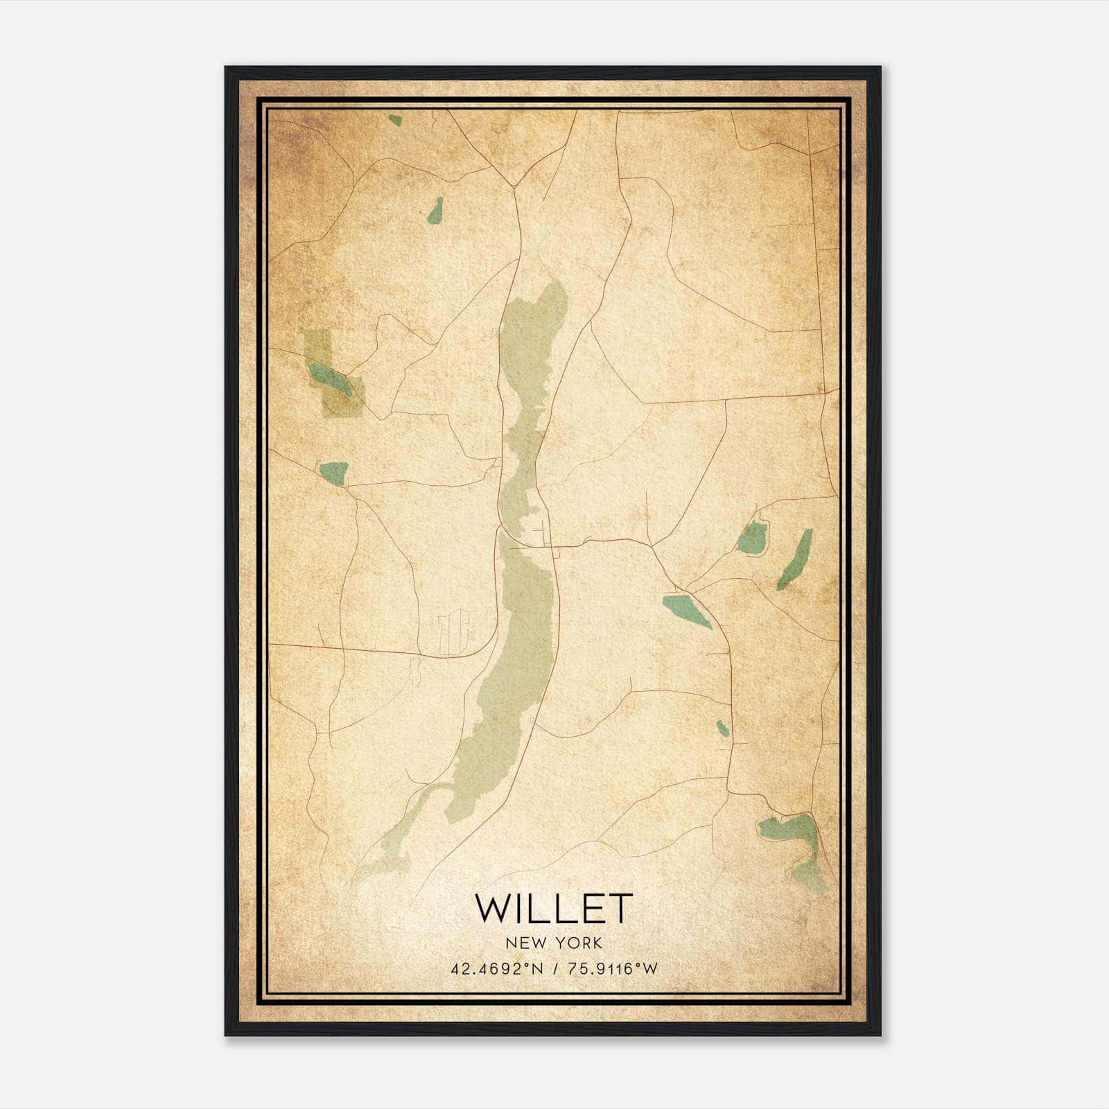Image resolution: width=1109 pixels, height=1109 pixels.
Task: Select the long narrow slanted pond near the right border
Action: [795, 558]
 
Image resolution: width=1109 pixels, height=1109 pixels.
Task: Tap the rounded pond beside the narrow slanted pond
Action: [751, 537]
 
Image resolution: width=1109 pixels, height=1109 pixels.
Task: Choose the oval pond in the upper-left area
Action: [435, 211]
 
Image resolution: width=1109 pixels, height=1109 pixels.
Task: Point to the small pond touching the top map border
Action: [395, 120]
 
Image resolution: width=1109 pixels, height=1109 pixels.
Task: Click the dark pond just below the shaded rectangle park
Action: [333, 471]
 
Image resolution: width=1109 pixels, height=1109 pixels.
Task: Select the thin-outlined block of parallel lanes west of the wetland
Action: [453, 631]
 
